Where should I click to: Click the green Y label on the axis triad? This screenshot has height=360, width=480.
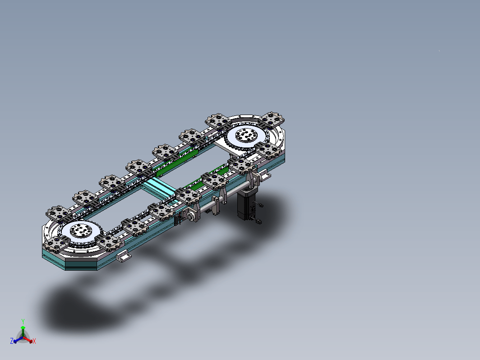click(23, 321)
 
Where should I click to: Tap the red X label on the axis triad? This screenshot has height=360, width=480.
click(34, 341)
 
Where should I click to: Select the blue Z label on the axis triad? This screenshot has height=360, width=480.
click(12, 341)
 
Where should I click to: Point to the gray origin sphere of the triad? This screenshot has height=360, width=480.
click(23, 336)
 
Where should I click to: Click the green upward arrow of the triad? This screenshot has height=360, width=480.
click(23, 331)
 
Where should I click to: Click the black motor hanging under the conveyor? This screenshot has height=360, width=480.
click(246, 204)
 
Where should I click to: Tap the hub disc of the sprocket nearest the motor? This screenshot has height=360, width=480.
click(246, 135)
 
